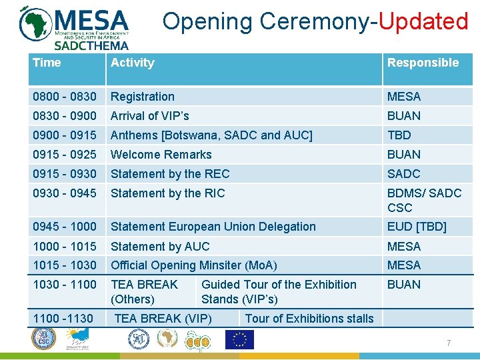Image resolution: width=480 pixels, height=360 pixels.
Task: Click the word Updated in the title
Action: click(x=424, y=21)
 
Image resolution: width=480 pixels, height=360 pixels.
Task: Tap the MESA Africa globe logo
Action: click(x=36, y=23)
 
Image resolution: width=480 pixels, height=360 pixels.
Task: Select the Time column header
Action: click(x=47, y=63)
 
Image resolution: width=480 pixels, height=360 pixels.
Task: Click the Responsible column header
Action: click(x=423, y=63)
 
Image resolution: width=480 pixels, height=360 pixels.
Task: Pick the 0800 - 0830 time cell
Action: click(x=64, y=97)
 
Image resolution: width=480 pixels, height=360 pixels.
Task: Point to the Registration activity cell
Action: click(x=143, y=97)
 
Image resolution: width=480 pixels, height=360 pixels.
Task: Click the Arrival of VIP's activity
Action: click(x=149, y=116)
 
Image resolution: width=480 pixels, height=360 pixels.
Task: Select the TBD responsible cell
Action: click(x=399, y=135)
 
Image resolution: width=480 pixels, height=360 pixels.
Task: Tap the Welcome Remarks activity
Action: click(x=161, y=155)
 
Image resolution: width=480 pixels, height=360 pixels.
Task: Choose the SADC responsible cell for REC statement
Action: click(x=404, y=174)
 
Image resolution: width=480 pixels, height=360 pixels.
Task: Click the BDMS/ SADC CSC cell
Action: click(x=424, y=200)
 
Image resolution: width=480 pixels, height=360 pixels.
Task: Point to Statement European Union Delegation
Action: click(x=213, y=227)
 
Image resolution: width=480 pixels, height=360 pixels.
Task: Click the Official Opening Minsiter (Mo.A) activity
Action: click(x=193, y=265)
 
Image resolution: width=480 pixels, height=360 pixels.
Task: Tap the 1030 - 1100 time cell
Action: click(x=64, y=285)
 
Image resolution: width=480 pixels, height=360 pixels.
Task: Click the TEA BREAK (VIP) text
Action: click(x=163, y=319)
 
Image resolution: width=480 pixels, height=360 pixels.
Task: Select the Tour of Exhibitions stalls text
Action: click(x=309, y=319)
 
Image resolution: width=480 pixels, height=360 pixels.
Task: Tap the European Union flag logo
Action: click(x=239, y=340)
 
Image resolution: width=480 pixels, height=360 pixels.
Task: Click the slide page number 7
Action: click(x=449, y=343)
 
